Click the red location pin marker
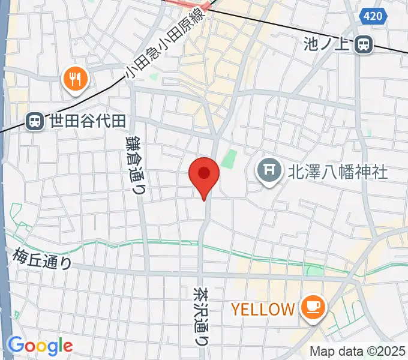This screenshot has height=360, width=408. tap(204, 175)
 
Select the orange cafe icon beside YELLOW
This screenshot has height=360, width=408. tap(313, 308)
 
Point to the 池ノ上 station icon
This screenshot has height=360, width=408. tap(363, 44)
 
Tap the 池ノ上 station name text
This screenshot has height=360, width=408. tap(328, 44)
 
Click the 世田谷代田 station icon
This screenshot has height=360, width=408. tap(35, 122)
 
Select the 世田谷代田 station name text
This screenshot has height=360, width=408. tap(87, 121)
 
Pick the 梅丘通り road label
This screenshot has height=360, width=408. tap(43, 259)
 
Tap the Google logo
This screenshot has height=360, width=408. tap(40, 346)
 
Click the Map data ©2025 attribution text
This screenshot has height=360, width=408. tap(358, 351)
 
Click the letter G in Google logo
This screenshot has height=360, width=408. tap(16, 345)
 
